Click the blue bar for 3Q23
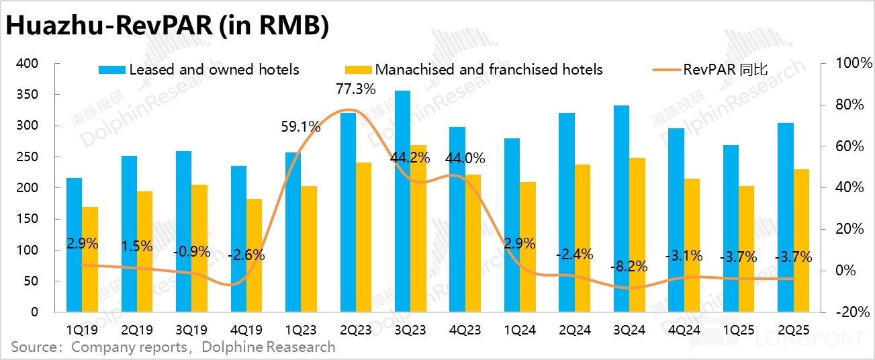(402, 201)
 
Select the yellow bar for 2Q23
(363, 237)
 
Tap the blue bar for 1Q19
(74, 245)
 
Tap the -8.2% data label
(629, 266)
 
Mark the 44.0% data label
(465, 160)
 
